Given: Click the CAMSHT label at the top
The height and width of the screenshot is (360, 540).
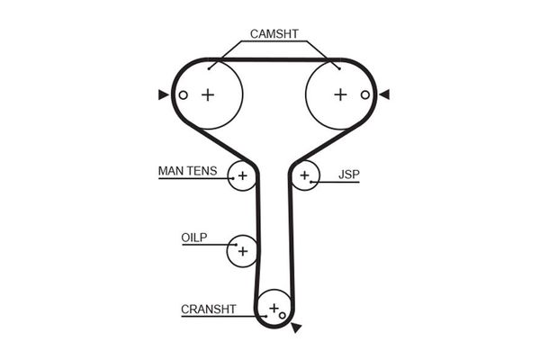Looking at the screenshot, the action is (x=274, y=34).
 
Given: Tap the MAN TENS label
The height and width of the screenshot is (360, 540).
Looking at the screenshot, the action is (x=188, y=171).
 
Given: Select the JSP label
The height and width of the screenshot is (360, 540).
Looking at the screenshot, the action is (x=349, y=175).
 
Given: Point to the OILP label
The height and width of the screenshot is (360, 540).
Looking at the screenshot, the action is (x=194, y=238).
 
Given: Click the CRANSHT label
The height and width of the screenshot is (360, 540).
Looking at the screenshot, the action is (x=209, y=309).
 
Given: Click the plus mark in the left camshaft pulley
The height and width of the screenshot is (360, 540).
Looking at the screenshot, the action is (x=208, y=94).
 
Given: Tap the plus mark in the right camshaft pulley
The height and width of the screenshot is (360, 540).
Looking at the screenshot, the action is (x=340, y=94).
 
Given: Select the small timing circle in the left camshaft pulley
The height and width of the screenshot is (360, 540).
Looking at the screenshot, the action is (x=184, y=94).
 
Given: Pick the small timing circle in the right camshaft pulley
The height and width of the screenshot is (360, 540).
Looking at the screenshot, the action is (x=365, y=94).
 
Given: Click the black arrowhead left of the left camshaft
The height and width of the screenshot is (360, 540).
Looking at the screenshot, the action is (x=163, y=94).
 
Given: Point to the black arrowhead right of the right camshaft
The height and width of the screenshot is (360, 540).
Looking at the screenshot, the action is (x=384, y=94).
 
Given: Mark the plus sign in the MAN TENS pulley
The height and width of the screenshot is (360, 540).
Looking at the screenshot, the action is (x=243, y=175).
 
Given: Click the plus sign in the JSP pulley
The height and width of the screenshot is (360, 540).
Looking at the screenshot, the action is (x=304, y=175).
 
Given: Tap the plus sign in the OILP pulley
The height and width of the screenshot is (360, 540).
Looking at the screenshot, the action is (x=243, y=251).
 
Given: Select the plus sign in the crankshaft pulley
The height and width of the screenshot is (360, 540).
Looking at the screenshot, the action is (x=274, y=308).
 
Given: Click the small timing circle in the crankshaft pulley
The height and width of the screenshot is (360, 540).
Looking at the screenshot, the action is (x=283, y=315).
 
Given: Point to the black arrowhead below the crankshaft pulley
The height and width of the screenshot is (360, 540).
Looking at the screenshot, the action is (x=296, y=328).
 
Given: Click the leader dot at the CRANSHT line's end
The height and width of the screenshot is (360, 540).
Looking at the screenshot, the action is (x=265, y=316).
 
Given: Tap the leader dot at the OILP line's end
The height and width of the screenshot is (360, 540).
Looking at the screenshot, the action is (x=236, y=245).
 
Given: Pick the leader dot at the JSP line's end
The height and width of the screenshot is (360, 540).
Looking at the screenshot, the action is (x=310, y=182).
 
